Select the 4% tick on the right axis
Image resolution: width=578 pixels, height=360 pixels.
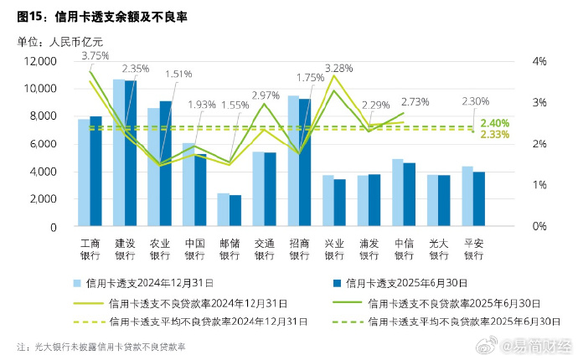pyautogui.click(x=540, y=61)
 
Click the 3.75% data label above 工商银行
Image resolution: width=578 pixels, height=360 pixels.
pyautogui.click(x=95, y=55)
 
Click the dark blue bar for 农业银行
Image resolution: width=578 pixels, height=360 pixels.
pyautogui.click(x=166, y=164)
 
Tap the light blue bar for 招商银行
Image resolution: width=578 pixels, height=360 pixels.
pyautogui.click(x=293, y=161)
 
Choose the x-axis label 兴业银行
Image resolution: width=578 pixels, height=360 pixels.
pyautogui.click(x=334, y=249)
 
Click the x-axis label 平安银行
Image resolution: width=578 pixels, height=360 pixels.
pyautogui.click(x=473, y=249)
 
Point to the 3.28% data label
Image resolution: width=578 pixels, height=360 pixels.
pyautogui.click(x=338, y=68)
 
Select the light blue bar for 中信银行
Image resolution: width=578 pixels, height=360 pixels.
pyautogui.click(x=397, y=193)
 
